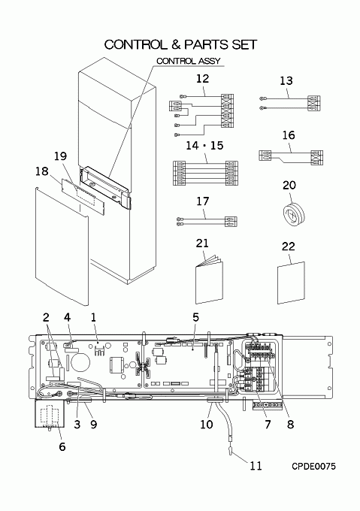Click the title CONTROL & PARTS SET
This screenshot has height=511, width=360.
pos(180,44)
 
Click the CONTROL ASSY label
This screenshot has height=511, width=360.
pos(189,61)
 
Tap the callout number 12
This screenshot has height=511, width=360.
pos(202,79)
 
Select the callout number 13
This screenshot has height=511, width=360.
pos(286,80)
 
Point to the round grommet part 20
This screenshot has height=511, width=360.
pos(294,216)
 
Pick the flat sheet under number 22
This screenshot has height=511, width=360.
pos(292,283)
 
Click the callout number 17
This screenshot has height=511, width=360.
pos(202,201)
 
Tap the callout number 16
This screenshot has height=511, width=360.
pos(289,135)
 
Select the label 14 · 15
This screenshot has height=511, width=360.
pos(204,145)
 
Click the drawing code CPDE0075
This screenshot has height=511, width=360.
pos(313,467)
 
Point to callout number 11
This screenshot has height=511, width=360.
pos(256,466)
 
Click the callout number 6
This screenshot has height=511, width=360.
pos(62,446)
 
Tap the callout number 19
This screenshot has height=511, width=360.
pos(60,156)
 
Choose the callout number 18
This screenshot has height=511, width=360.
pos(41,171)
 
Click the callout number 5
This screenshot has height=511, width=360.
pos(195,317)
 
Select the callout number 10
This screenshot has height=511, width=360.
pos(206,425)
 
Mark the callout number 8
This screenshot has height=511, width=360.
pos(290,425)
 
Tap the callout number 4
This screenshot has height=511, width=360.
pos(67,317)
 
